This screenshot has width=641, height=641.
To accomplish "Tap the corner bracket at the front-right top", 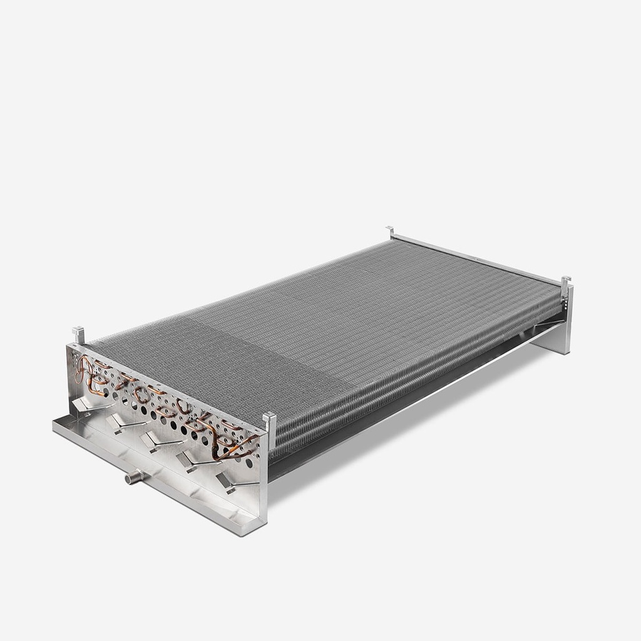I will pyautogui.click(x=270, y=421).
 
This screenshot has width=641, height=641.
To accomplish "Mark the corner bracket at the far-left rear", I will pyautogui.click(x=390, y=232).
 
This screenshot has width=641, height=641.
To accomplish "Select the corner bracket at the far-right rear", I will pyautogui.click(x=565, y=283).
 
